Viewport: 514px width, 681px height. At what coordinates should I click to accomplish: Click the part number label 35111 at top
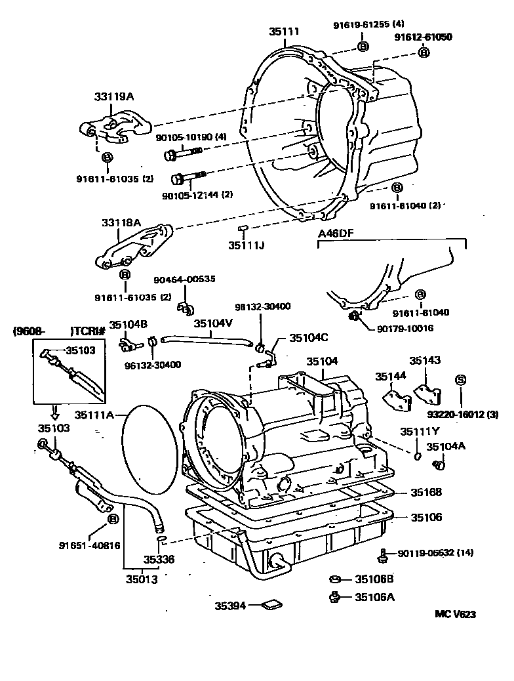pyautogui.click(x=283, y=31)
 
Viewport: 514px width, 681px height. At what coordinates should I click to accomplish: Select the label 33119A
pyautogui.click(x=117, y=96)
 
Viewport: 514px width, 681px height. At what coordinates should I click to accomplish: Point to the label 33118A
pyautogui.click(x=121, y=222)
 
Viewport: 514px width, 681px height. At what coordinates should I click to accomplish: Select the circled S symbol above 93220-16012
pyautogui.click(x=460, y=380)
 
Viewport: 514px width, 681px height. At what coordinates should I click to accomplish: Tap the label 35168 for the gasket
pyautogui.click(x=426, y=492)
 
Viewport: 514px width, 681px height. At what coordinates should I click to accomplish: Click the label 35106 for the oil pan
pyautogui.click(x=426, y=517)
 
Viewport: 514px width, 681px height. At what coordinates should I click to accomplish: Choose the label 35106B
pyautogui.click(x=374, y=579)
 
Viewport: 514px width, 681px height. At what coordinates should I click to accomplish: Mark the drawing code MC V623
pyautogui.click(x=455, y=615)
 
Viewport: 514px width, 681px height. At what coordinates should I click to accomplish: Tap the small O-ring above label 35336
pyautogui.click(x=161, y=540)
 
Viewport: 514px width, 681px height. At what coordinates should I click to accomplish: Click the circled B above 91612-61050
pyautogui.click(x=423, y=52)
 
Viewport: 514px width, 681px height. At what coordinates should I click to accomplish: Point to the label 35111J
pyautogui.click(x=246, y=245)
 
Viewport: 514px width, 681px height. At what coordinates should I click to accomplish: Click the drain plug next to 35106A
pyautogui.click(x=334, y=596)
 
